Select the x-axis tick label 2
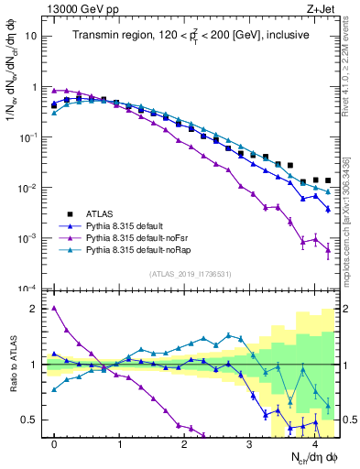tap(185, 443)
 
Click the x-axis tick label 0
tap(55, 443)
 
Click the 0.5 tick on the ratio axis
tap(31, 420)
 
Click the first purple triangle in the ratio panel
tap(55, 309)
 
